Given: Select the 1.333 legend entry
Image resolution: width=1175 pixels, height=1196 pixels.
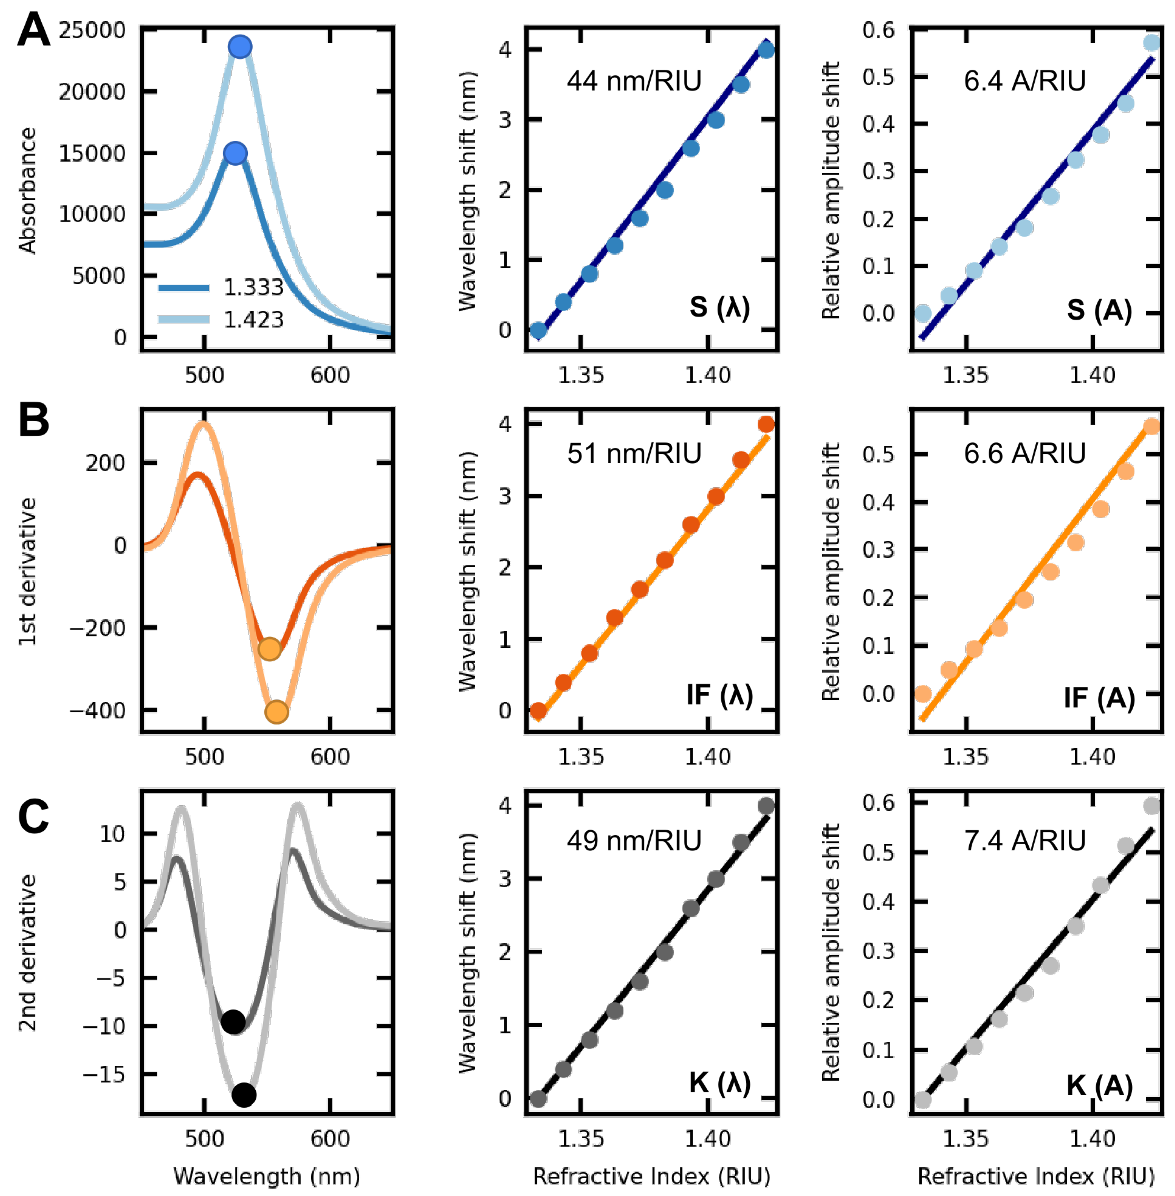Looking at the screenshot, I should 221,288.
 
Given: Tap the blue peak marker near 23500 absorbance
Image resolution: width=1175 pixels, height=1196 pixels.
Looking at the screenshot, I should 240,47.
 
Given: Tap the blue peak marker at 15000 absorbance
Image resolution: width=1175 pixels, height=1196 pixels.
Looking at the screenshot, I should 236,153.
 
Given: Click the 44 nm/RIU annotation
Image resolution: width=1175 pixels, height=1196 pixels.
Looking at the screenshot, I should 634,81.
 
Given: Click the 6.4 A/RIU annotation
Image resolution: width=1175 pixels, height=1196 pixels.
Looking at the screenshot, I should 1024,81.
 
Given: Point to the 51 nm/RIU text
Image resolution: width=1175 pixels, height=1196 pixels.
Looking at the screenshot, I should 634,454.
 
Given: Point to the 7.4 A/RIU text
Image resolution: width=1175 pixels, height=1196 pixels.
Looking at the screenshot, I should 1024,841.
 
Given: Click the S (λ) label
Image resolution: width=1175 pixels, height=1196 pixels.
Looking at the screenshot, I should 719,307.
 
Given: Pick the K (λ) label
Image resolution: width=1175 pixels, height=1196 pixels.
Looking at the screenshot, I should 719,1083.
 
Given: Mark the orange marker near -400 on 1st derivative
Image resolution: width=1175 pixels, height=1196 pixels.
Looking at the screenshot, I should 277,712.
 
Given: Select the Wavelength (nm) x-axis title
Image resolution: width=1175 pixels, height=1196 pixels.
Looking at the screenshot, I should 267,1176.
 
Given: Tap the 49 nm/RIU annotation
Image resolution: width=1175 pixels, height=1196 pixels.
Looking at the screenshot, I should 634,841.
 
